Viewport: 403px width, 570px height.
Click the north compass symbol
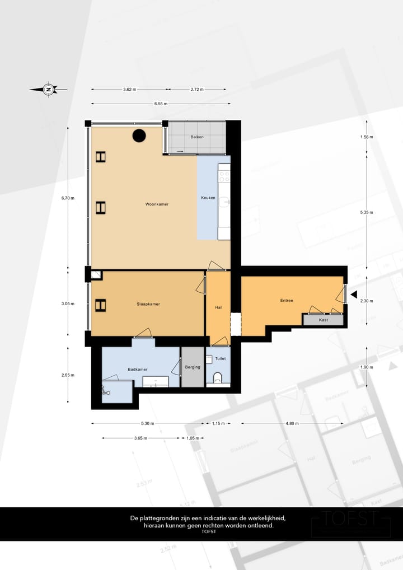(49, 89)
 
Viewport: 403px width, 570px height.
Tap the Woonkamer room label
(157, 204)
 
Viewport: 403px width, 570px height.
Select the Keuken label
(208, 198)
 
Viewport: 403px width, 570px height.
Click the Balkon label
(196, 137)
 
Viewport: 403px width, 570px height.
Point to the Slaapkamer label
(148, 304)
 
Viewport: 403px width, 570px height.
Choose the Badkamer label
(137, 369)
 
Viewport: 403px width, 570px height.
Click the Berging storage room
(193, 367)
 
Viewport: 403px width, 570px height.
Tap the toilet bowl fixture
(218, 377)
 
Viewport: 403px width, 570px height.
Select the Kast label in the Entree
(323, 320)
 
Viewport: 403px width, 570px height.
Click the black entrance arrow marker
(353, 294)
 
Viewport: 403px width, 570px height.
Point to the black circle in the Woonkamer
(139, 135)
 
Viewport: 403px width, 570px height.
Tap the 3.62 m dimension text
(130, 89)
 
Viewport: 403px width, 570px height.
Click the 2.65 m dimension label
(68, 375)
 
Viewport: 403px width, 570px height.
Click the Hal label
(218, 307)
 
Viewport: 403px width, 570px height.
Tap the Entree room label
(287, 301)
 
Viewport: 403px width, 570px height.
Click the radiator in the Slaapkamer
(100, 305)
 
